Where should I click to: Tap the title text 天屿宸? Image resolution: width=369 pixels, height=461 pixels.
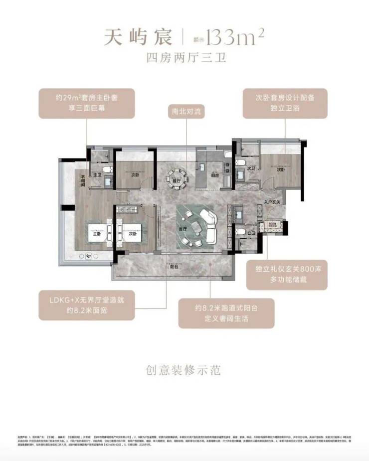[x=138, y=37]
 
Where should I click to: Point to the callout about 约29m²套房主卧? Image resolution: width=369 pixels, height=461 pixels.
[x=88, y=103]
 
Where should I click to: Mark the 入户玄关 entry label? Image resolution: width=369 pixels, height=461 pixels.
[x=273, y=202]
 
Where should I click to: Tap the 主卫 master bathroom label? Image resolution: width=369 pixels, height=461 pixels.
[x=97, y=175]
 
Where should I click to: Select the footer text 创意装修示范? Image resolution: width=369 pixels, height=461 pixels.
[x=184, y=370]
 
